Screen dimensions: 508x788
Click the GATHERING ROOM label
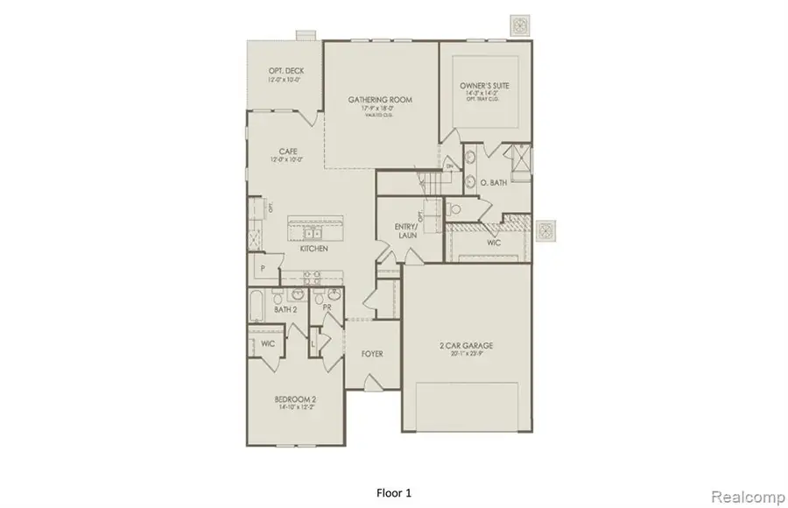(x=380, y=100)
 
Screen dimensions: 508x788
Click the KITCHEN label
(x=313, y=250)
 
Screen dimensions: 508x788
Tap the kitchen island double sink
(x=312, y=232)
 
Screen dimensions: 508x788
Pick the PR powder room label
(x=326, y=309)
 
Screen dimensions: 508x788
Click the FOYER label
(x=372, y=353)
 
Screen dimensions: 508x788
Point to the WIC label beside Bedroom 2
(x=267, y=344)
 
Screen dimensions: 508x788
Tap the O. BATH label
(x=492, y=184)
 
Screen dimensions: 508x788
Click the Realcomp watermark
(x=742, y=497)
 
